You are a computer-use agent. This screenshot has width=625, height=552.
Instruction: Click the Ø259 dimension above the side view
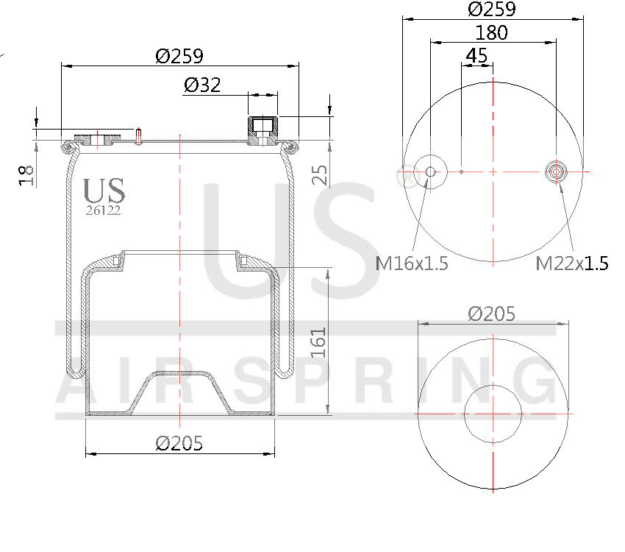179,56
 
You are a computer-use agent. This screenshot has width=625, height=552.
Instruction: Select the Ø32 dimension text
202,85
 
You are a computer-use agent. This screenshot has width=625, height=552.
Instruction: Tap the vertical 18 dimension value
27,175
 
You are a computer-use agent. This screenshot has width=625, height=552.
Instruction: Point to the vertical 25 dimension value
319,175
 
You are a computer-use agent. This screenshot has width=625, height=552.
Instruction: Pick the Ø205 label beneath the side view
179,443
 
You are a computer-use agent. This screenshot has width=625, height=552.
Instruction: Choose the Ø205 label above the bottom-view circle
492,314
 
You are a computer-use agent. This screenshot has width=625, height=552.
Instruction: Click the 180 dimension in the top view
492,33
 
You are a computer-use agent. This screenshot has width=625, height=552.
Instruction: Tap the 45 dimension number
476,55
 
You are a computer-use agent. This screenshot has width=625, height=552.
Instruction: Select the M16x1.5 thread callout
412,263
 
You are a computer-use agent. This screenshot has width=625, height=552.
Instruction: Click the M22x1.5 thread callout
572,263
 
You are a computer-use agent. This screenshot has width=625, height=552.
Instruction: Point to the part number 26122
104,210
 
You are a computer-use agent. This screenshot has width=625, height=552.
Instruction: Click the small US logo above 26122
104,191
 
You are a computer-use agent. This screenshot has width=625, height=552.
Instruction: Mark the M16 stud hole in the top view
430,171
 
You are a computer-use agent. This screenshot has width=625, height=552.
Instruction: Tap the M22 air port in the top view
557,171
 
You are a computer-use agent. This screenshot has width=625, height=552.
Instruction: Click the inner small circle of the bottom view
492,414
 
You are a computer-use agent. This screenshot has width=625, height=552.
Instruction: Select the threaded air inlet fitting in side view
262,130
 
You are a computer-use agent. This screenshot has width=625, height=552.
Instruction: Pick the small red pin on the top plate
137,135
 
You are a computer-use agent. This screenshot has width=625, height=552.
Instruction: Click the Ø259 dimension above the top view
492,10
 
